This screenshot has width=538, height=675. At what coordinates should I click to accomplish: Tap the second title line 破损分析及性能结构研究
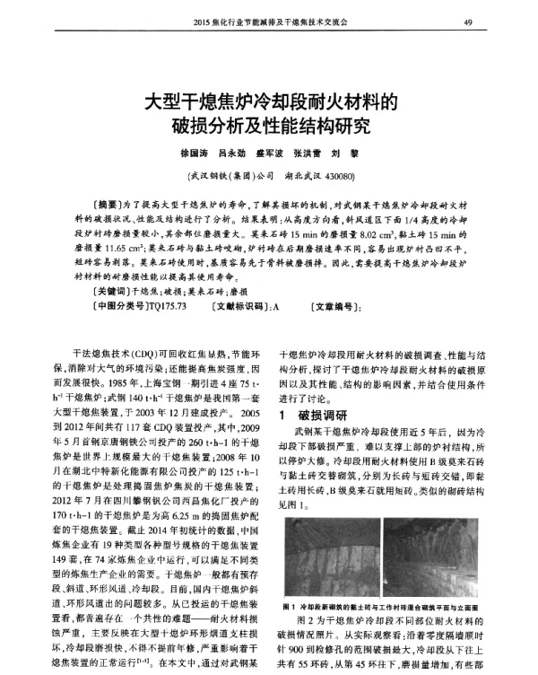[x=269, y=122]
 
